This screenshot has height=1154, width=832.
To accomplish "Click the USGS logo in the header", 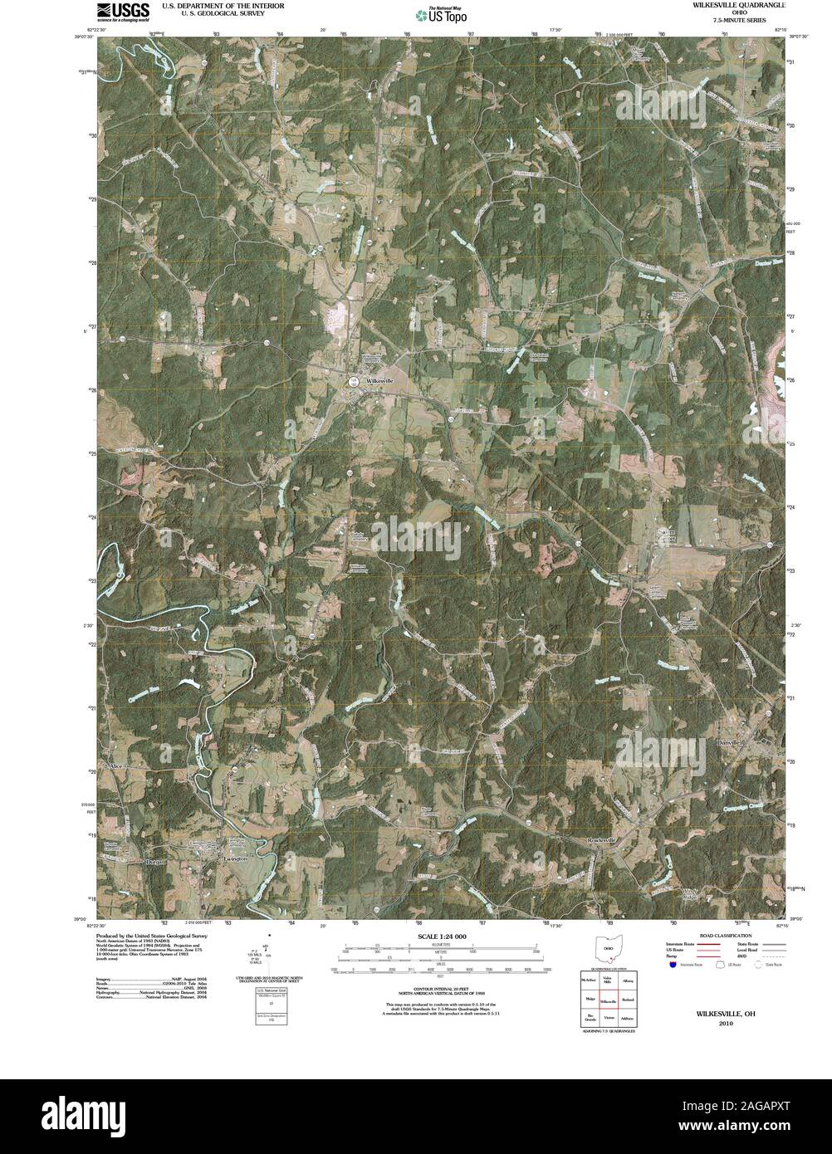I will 123,11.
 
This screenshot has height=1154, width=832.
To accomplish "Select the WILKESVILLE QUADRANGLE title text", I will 732,6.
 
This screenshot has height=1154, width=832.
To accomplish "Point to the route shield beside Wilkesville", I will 354,380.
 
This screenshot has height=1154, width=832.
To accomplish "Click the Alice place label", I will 115,765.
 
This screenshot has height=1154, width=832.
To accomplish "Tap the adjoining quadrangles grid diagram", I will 609,1000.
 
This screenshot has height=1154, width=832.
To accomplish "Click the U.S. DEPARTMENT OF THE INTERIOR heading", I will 223,5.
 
